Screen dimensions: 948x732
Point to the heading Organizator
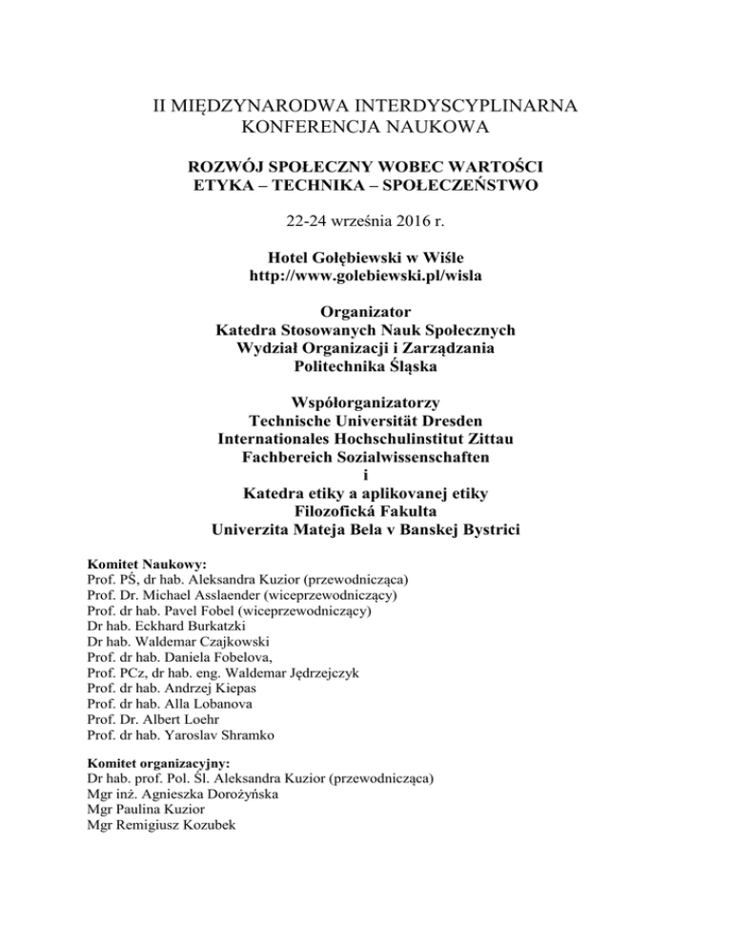(366, 312)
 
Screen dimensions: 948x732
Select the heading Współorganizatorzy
(366, 400)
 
